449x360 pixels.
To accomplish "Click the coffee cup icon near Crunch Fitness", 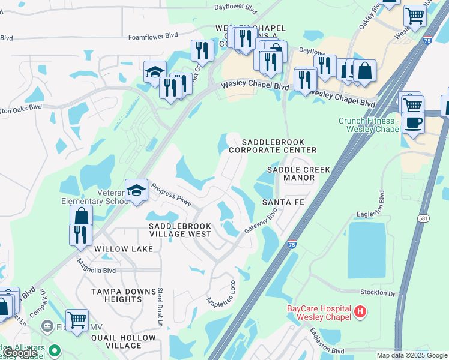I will click(412, 122).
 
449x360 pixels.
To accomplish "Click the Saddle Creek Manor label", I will click(299, 174).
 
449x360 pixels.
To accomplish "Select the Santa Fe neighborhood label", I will click(283, 202).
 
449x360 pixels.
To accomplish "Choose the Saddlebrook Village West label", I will click(180, 229).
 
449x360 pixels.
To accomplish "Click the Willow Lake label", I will click(115, 247).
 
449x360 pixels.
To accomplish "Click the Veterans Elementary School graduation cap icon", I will click(137, 191).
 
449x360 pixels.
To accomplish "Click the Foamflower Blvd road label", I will click(151, 37).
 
